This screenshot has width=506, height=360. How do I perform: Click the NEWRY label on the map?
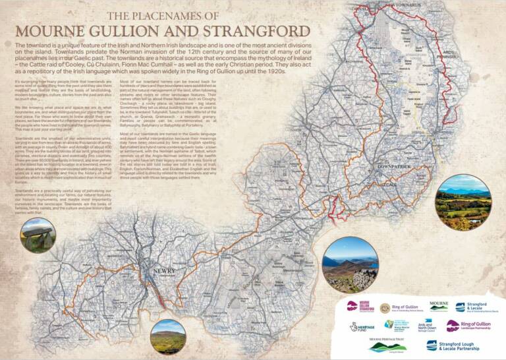pos(162,272)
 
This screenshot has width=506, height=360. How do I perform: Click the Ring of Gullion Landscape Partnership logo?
pos(468,326)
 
